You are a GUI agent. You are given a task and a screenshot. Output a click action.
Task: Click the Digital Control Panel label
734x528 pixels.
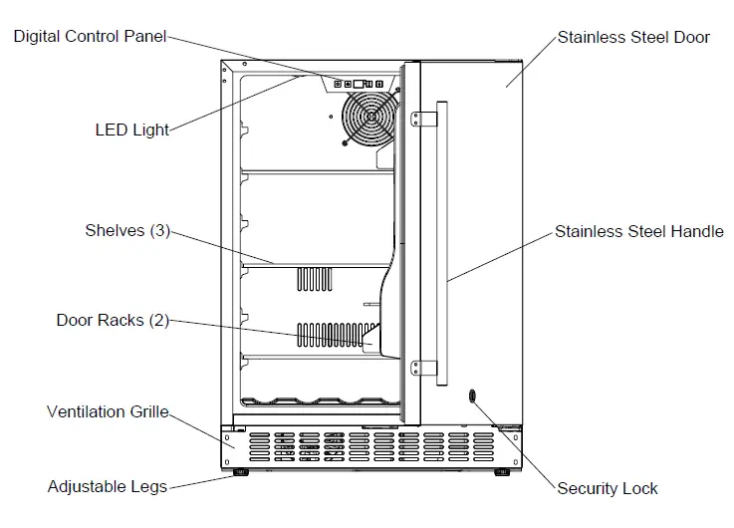point(89,38)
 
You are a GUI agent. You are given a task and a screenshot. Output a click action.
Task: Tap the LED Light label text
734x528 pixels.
point(131,130)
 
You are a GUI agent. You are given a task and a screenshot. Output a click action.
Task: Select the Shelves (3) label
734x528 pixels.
point(127,231)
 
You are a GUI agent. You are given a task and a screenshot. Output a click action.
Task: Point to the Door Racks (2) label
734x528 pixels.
point(113,321)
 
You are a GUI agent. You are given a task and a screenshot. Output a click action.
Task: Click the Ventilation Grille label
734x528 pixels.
point(108,411)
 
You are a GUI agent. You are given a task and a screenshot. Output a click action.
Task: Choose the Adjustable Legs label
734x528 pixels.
point(107,487)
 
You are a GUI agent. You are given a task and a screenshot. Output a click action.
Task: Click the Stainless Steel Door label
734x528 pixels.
point(633,38)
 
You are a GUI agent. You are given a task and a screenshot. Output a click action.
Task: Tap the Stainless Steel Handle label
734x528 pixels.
point(638,232)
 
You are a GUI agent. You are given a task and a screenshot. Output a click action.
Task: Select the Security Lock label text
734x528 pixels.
point(608,488)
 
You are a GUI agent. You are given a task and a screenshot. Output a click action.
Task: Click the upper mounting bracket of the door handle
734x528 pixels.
point(425,119)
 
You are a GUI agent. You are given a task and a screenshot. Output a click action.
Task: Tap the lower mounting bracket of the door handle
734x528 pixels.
point(425,370)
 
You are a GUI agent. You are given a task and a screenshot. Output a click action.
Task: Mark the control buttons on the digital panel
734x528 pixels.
point(358,84)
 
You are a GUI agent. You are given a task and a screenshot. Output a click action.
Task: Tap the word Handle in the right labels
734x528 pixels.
point(697,232)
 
